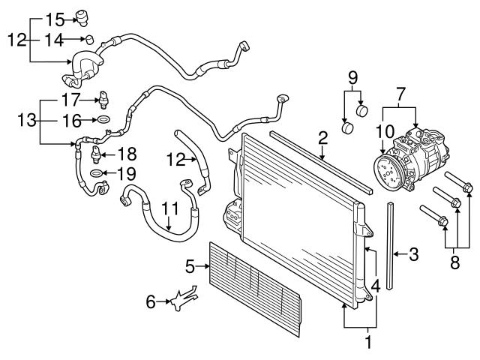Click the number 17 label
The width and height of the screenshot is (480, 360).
70,99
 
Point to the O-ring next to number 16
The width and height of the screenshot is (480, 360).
103,119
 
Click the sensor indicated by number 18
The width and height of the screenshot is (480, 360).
96,154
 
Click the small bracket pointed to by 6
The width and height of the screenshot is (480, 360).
180,301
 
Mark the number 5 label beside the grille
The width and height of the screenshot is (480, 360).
190,265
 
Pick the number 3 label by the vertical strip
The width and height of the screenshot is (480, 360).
414,255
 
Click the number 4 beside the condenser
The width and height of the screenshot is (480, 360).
376,285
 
